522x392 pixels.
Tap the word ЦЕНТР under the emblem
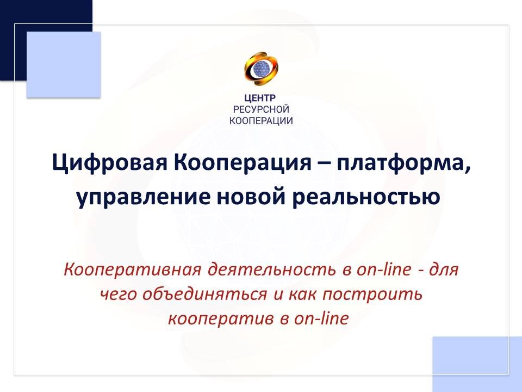(261, 99)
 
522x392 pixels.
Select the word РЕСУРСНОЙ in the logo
(261, 110)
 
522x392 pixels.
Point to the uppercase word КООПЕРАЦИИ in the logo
(261, 121)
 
